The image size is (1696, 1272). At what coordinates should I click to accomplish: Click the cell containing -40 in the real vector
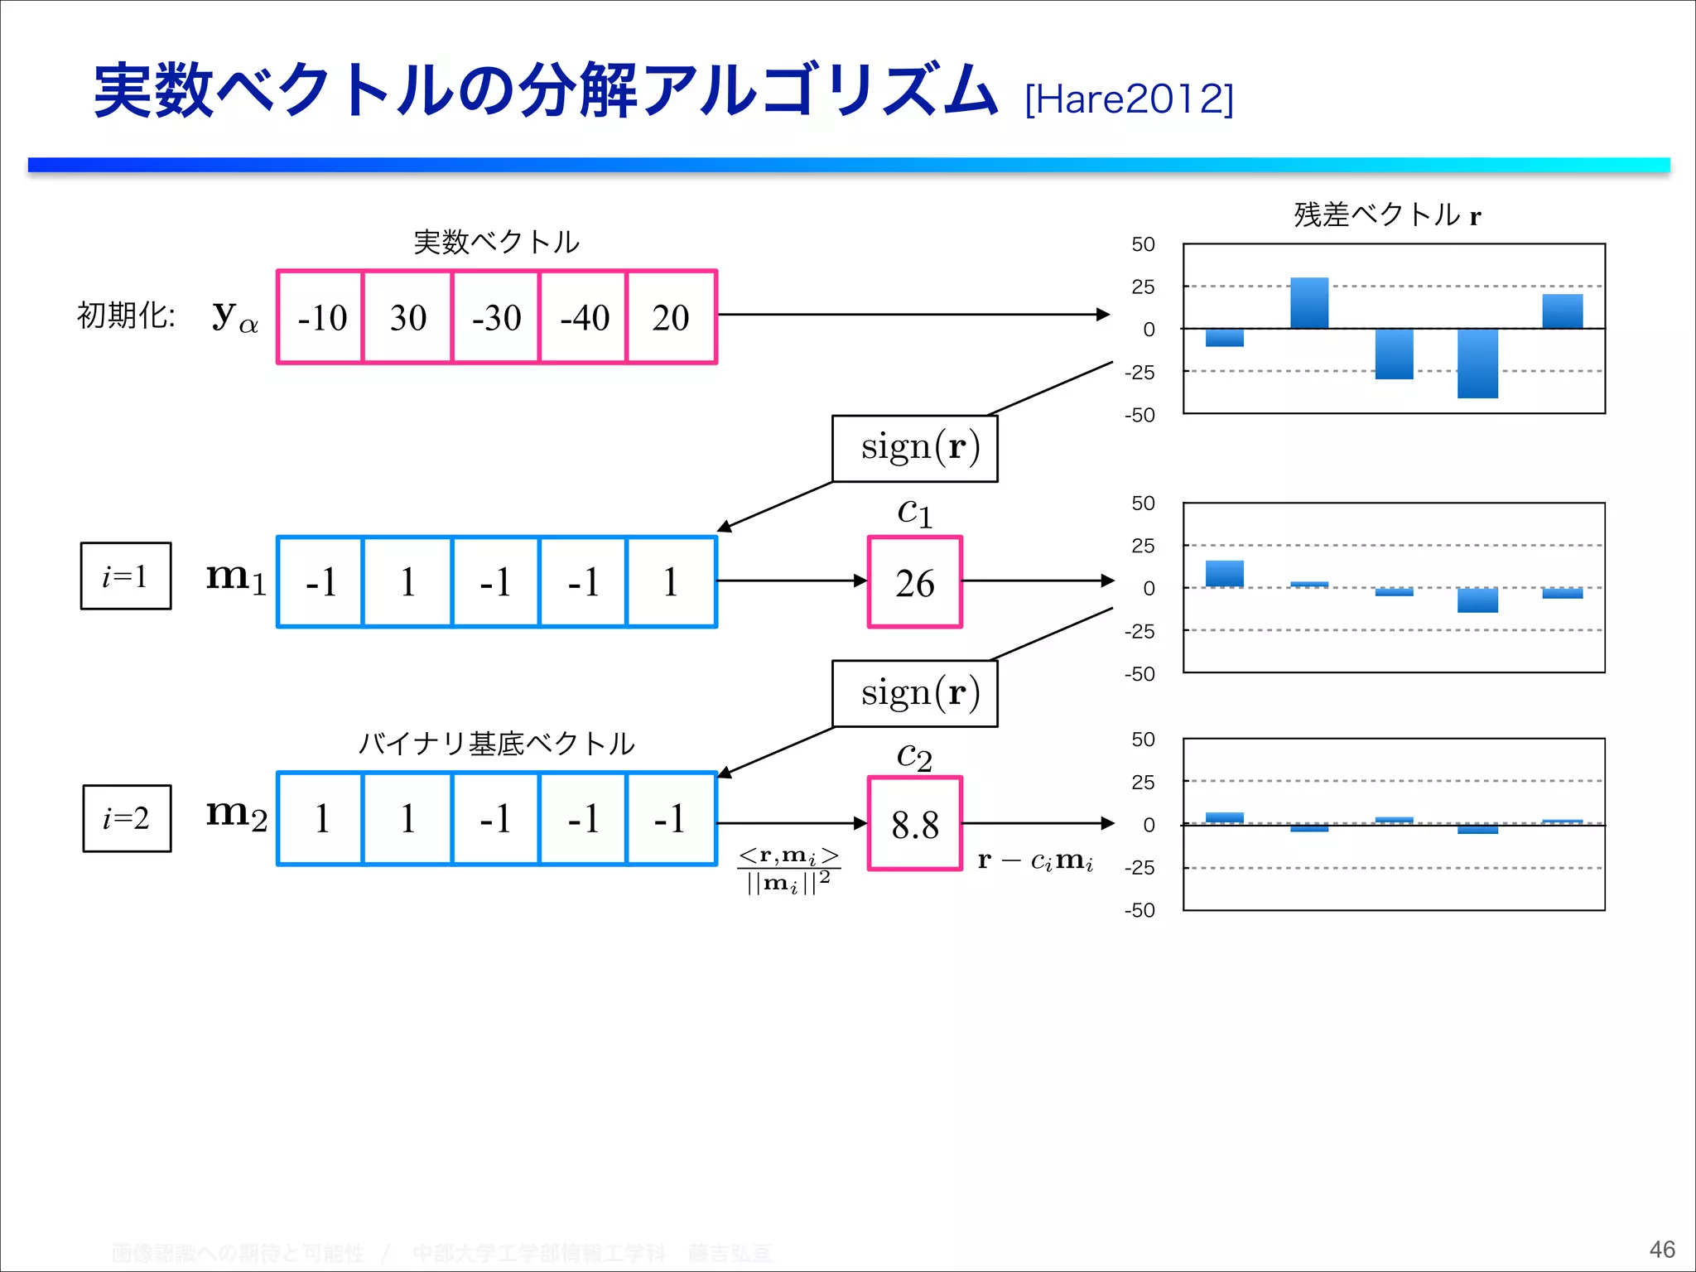click(x=584, y=317)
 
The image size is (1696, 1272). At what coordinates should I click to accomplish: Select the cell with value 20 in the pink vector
click(x=671, y=317)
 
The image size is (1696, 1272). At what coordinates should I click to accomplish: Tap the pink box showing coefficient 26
click(x=914, y=582)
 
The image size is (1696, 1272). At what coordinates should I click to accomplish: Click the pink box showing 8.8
click(x=914, y=824)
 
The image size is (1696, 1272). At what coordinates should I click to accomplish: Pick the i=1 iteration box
click(x=126, y=576)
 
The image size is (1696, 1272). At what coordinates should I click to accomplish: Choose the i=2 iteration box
click(x=127, y=818)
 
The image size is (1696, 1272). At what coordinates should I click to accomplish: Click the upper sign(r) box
click(x=915, y=448)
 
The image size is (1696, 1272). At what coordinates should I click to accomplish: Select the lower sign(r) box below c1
click(x=915, y=693)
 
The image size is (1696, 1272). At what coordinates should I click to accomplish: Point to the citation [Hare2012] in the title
click(x=1129, y=99)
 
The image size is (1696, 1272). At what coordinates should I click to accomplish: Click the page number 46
click(x=1661, y=1249)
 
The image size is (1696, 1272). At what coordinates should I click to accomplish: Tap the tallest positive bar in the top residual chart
click(x=1309, y=303)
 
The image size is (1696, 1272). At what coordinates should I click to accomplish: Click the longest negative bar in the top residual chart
click(x=1477, y=363)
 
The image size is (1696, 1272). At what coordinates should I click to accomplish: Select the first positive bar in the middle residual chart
click(x=1224, y=573)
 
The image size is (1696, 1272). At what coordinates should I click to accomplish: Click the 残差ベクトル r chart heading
click(x=1387, y=214)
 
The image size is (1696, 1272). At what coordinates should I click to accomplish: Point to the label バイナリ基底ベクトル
click(x=496, y=743)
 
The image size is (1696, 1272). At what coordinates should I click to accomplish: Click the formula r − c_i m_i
click(x=1035, y=861)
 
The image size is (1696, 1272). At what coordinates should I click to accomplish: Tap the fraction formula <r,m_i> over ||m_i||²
click(x=788, y=870)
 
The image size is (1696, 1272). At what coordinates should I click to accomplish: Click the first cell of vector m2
click(x=321, y=819)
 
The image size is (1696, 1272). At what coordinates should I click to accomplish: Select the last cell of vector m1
click(x=671, y=582)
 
